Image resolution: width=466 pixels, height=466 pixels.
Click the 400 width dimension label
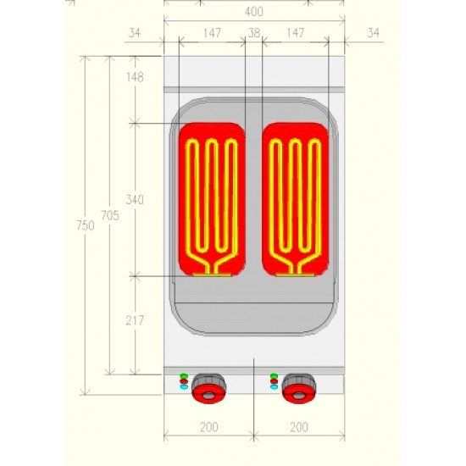click(x=254, y=12)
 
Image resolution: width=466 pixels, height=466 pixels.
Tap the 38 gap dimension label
click(x=254, y=33)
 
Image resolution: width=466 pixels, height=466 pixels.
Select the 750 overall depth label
click(x=86, y=225)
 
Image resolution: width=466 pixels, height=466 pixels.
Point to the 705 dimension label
click(x=110, y=215)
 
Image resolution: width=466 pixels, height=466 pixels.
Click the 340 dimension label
click(x=135, y=199)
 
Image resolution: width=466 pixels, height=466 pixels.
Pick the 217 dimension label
click(x=135, y=320)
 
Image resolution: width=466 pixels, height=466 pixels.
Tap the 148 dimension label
click(x=135, y=77)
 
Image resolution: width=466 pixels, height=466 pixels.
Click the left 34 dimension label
click(x=135, y=33)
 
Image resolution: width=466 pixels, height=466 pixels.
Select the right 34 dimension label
click(x=374, y=33)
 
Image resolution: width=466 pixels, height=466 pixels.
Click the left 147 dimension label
click(x=212, y=33)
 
